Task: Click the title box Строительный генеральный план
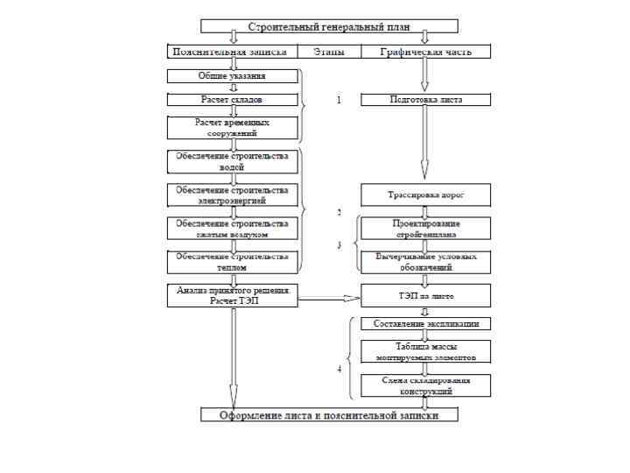328,27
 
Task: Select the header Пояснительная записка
232,52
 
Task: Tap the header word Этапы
329,52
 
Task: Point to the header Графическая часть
426,52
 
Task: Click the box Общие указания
232,76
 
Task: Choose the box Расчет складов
232,100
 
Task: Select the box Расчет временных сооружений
232,128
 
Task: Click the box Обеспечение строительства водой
232,161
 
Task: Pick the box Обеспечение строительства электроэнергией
232,194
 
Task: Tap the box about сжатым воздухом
232,229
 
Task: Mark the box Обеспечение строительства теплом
232,262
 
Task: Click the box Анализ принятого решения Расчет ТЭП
232,295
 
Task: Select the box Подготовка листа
426,100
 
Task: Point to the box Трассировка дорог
426,194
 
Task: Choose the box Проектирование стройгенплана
426,229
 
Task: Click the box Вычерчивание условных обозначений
426,262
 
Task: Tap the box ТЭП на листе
426,295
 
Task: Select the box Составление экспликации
426,324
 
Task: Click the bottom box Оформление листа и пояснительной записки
328,415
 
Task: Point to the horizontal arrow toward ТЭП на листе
329,300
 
